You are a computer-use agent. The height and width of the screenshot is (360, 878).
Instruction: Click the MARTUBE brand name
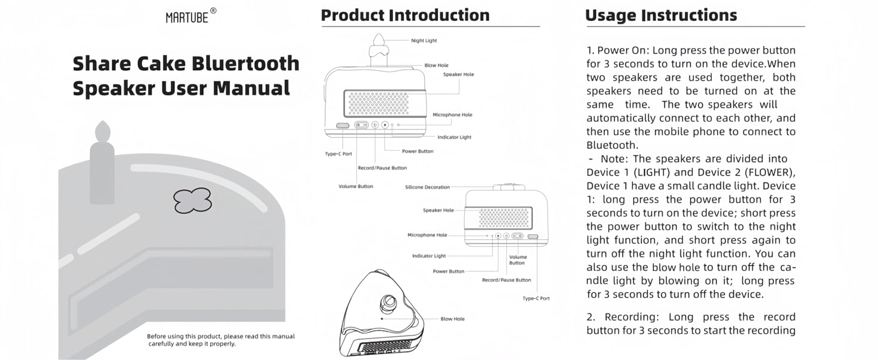pos(187,18)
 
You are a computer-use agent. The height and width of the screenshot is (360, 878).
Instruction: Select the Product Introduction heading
pos(405,15)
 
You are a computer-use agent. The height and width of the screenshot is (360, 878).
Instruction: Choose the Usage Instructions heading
pos(661,15)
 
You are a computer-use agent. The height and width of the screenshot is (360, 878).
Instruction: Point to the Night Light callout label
pos(424,41)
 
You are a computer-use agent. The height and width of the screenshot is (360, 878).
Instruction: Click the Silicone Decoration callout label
pos(427,187)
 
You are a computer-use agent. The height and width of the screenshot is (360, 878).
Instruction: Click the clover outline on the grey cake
pos(193,200)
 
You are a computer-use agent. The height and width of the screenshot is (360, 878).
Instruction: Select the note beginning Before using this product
pos(221,340)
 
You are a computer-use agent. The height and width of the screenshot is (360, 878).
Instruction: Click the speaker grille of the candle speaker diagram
pos(378,103)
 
